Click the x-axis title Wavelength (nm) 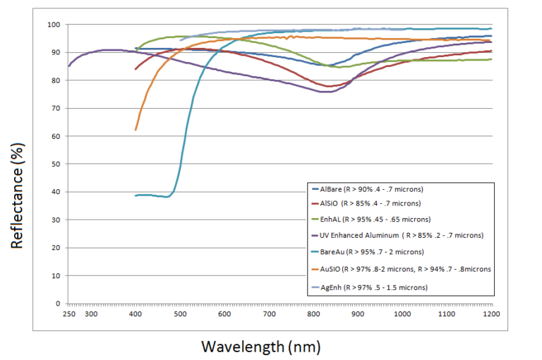(262, 347)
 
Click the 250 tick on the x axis (68, 313)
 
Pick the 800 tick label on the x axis (313, 313)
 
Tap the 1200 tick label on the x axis (491, 313)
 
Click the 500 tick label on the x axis (180, 313)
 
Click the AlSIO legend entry (374, 204)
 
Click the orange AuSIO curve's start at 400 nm (135, 130)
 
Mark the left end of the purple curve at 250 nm (68, 66)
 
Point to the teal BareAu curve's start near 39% (135, 196)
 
